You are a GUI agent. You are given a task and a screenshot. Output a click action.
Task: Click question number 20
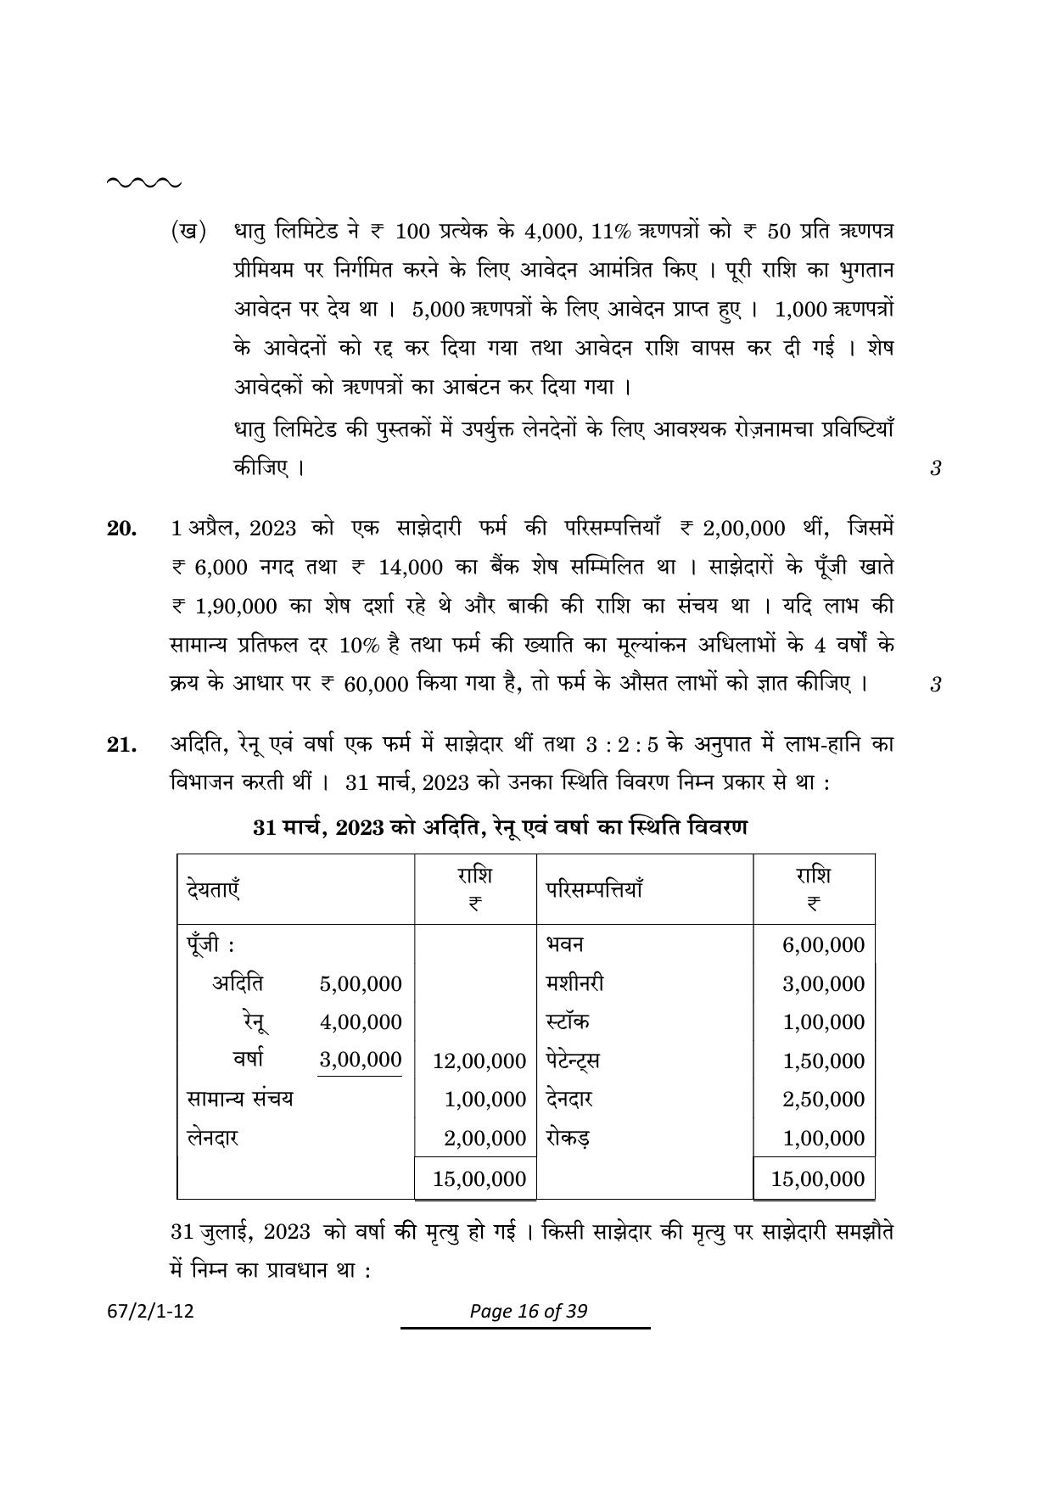click(x=121, y=529)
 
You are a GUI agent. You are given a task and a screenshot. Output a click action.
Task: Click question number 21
click(x=121, y=745)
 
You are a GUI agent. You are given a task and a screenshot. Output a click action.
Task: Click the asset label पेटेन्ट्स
click(x=573, y=1061)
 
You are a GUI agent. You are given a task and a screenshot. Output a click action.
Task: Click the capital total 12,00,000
click(x=479, y=1061)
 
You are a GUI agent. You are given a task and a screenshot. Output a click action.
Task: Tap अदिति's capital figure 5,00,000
click(x=361, y=984)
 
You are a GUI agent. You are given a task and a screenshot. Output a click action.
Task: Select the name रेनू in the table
click(x=254, y=1022)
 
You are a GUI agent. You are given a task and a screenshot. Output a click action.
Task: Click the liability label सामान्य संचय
click(x=239, y=1099)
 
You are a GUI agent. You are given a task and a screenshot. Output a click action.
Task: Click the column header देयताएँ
click(x=213, y=890)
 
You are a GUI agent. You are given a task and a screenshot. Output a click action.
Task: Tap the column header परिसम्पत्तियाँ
click(x=594, y=890)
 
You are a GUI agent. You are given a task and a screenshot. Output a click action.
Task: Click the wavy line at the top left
click(x=143, y=182)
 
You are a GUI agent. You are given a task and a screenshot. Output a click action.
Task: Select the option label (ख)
click(x=188, y=232)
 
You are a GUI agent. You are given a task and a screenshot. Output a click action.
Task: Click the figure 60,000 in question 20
click(x=377, y=685)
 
